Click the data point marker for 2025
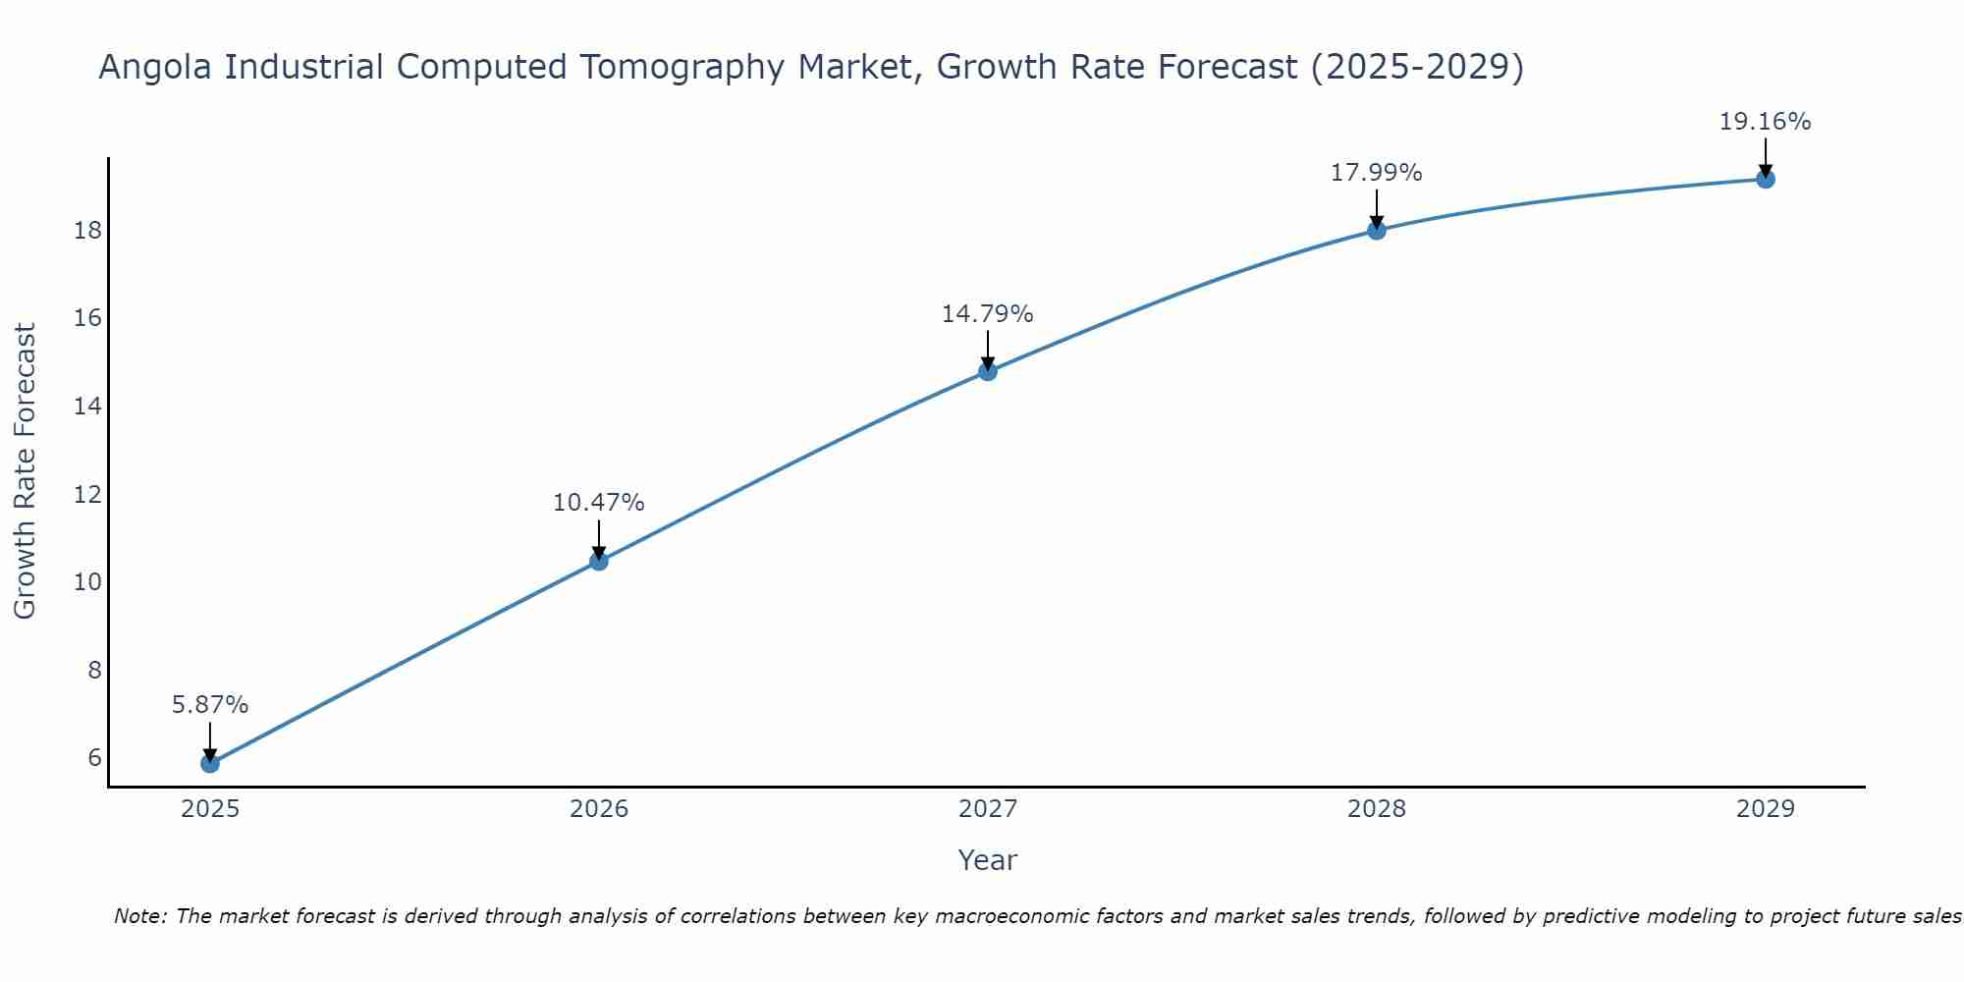pyautogui.click(x=210, y=763)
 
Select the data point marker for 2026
pyautogui.click(x=599, y=561)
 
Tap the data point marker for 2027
pyautogui.click(x=988, y=371)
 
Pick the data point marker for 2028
pyautogui.click(x=1377, y=230)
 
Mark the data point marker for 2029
pyautogui.click(x=1766, y=179)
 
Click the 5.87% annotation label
pyautogui.click(x=210, y=705)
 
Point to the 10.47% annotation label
pyautogui.click(x=599, y=503)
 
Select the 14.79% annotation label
pyautogui.click(x=988, y=314)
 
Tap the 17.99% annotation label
pyautogui.click(x=1377, y=173)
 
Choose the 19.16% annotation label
pyautogui.click(x=1766, y=122)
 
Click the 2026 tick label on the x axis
pyautogui.click(x=599, y=809)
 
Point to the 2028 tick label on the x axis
pyautogui.click(x=1377, y=809)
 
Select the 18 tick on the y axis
pyautogui.click(x=87, y=231)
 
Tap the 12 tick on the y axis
pyautogui.click(x=87, y=494)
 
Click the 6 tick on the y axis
pyautogui.click(x=94, y=757)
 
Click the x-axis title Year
pyautogui.click(x=988, y=860)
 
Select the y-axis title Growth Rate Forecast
pyautogui.click(x=26, y=471)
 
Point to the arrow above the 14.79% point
pyautogui.click(x=988, y=350)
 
